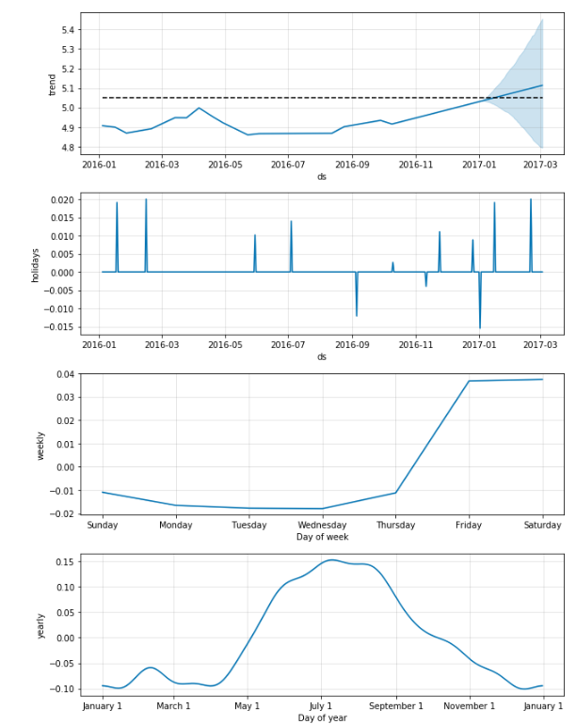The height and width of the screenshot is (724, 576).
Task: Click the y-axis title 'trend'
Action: (x=54, y=84)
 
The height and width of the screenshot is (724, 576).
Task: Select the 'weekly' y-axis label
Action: (x=40, y=445)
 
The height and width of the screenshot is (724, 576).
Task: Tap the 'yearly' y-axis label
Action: (x=40, y=625)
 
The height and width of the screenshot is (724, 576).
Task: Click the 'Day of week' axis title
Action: (x=322, y=537)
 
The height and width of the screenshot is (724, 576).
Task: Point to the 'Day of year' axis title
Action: (x=322, y=717)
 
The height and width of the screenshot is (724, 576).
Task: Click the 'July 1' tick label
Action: (x=321, y=705)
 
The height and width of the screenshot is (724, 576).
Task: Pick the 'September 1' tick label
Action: (x=395, y=705)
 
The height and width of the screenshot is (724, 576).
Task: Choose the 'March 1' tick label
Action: (x=173, y=705)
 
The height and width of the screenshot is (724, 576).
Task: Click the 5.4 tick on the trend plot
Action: (x=67, y=30)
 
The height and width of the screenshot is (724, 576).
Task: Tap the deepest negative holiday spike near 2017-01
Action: (x=480, y=326)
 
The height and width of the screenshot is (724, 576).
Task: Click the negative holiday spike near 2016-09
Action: (x=357, y=315)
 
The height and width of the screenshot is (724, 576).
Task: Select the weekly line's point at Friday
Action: (x=469, y=381)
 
